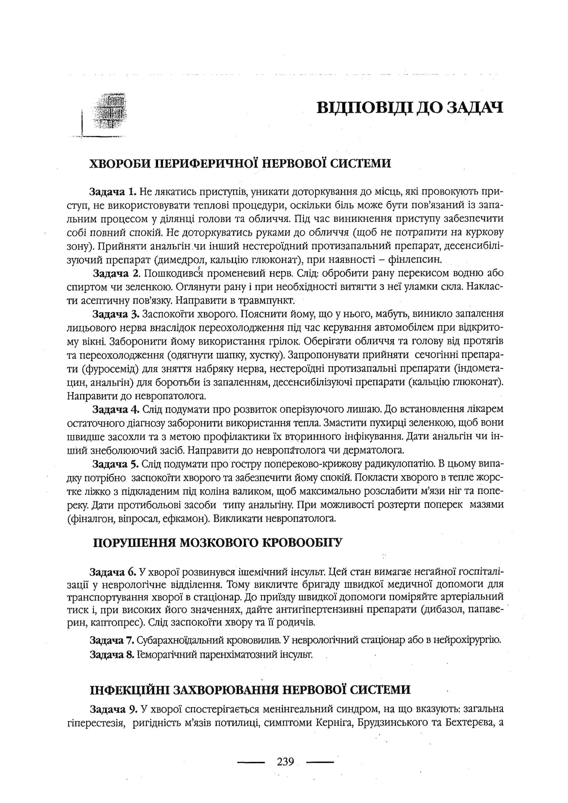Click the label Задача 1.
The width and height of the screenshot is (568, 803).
coord(112,192)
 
